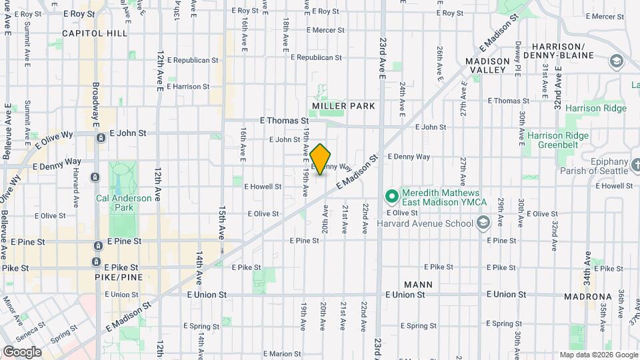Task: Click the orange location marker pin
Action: click(321, 159)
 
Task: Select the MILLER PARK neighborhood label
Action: click(343, 106)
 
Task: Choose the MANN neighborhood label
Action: click(418, 285)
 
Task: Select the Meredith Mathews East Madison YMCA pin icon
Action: click(391, 197)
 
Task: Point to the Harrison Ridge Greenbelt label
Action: click(558, 141)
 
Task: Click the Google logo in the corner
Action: click(21, 351)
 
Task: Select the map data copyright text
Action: click(598, 355)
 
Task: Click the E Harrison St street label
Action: click(188, 87)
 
